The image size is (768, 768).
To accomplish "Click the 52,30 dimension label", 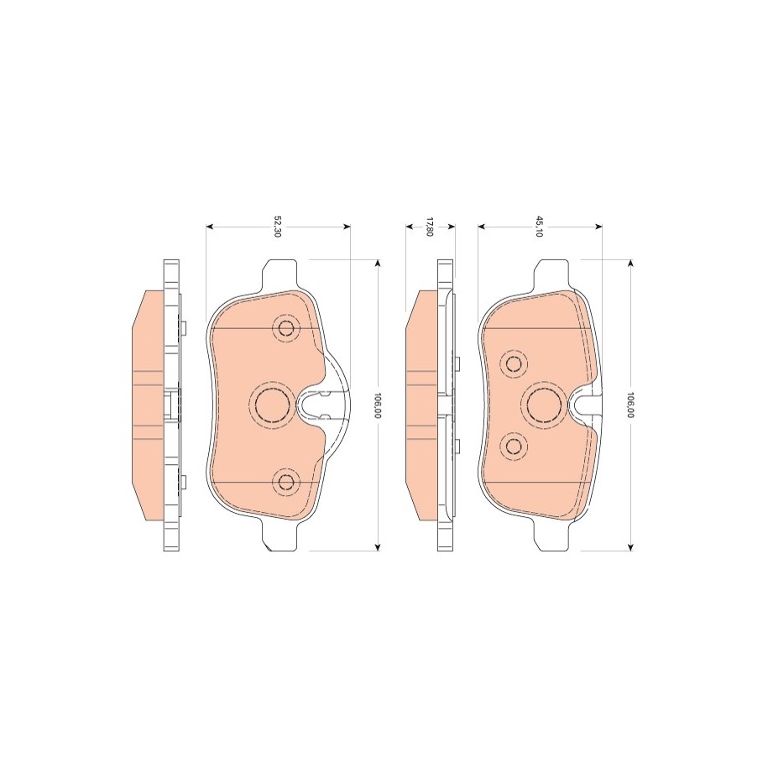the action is [x=276, y=227].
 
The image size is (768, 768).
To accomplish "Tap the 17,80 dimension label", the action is [x=430, y=227].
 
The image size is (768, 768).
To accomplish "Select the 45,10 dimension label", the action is [x=539, y=227].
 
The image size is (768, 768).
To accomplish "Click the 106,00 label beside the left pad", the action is [x=377, y=405].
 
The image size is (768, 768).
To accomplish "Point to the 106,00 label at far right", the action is [x=631, y=405].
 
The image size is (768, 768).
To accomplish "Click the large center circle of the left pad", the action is [x=271, y=403].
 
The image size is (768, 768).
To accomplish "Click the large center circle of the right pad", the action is [x=544, y=403].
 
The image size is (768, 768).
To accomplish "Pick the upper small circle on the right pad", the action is [x=515, y=363].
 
